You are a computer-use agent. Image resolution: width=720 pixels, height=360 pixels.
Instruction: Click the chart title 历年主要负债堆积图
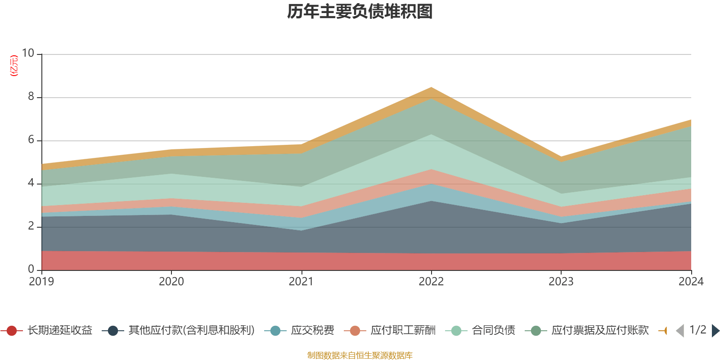click(x=360, y=12)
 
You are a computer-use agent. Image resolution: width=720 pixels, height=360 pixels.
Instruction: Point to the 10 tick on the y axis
click(x=28, y=53)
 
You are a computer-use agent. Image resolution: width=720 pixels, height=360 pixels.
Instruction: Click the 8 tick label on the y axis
click(x=31, y=96)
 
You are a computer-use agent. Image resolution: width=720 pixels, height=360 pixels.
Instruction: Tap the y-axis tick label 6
click(x=31, y=139)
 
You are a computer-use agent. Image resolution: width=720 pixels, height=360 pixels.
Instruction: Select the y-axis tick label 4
click(x=31, y=183)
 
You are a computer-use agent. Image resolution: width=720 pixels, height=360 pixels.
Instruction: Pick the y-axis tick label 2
click(x=31, y=226)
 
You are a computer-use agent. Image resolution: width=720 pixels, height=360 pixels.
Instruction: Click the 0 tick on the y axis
click(x=31, y=269)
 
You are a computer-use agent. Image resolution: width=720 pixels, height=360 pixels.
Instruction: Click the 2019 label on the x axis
click(x=41, y=282)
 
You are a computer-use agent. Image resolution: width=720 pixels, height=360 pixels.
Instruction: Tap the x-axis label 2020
click(x=171, y=282)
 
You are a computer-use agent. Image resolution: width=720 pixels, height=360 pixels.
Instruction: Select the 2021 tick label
click(x=301, y=282)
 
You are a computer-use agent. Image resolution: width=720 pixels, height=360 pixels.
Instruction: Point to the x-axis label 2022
click(x=431, y=282)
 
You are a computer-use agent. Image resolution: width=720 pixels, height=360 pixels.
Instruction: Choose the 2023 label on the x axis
click(x=561, y=282)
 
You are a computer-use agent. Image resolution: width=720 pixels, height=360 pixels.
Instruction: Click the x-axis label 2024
click(x=691, y=282)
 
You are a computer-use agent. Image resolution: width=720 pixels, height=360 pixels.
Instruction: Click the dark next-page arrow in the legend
click(x=715, y=331)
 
